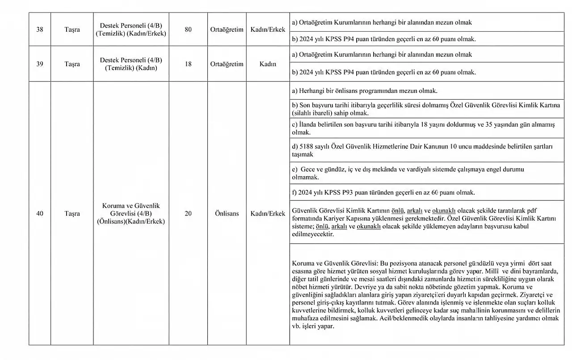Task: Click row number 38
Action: [40, 30]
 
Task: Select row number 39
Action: [40, 64]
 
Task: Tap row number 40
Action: [40, 214]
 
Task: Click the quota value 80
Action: [188, 30]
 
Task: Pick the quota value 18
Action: [188, 64]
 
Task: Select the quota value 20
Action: [188, 214]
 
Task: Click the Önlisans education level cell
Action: [227, 214]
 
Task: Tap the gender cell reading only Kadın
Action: [268, 64]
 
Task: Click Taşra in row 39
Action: [72, 64]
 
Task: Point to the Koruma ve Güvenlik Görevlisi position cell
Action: [131, 214]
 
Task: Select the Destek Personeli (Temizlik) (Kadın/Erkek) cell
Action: [131, 30]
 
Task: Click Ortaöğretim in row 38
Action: [227, 30]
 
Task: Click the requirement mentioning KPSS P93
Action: [383, 193]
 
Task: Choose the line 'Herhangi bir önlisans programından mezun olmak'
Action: [364, 91]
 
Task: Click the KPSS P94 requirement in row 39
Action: [383, 72]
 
